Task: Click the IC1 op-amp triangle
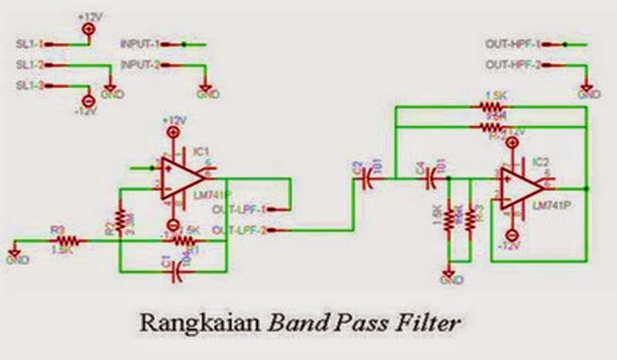pos(182,177)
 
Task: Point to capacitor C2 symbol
pos(368,179)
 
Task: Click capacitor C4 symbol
pos(432,179)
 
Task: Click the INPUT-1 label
pos(140,45)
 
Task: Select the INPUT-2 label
pos(140,65)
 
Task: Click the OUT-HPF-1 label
pos(513,45)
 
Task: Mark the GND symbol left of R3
pos(13,258)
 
